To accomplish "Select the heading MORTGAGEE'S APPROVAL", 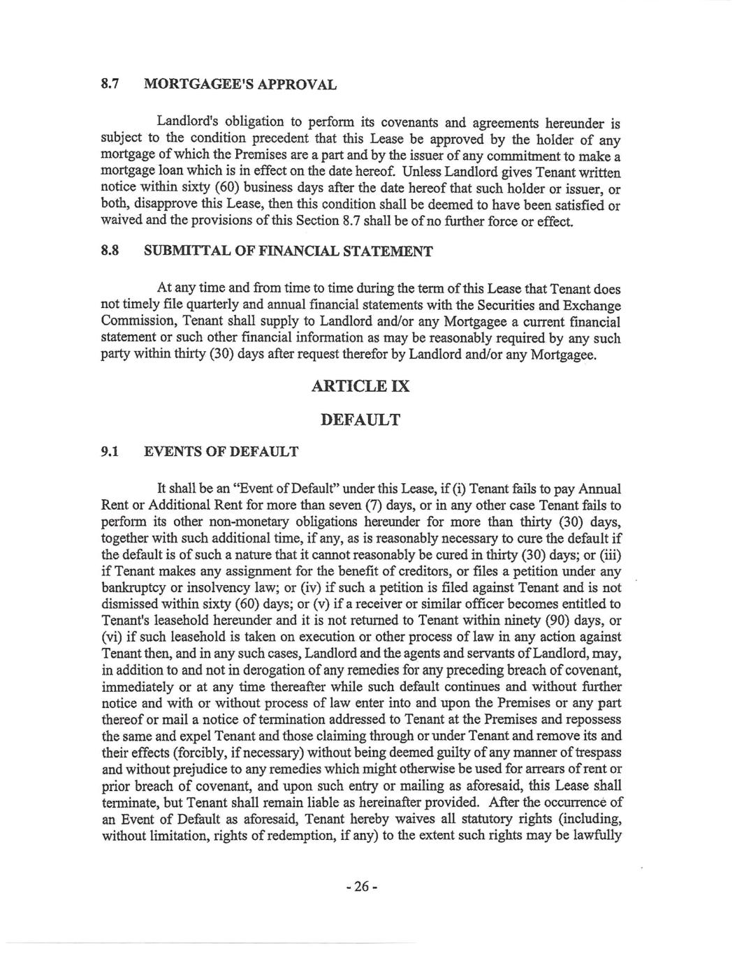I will [x=240, y=85].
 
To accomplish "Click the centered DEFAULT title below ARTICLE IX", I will [x=360, y=420].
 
